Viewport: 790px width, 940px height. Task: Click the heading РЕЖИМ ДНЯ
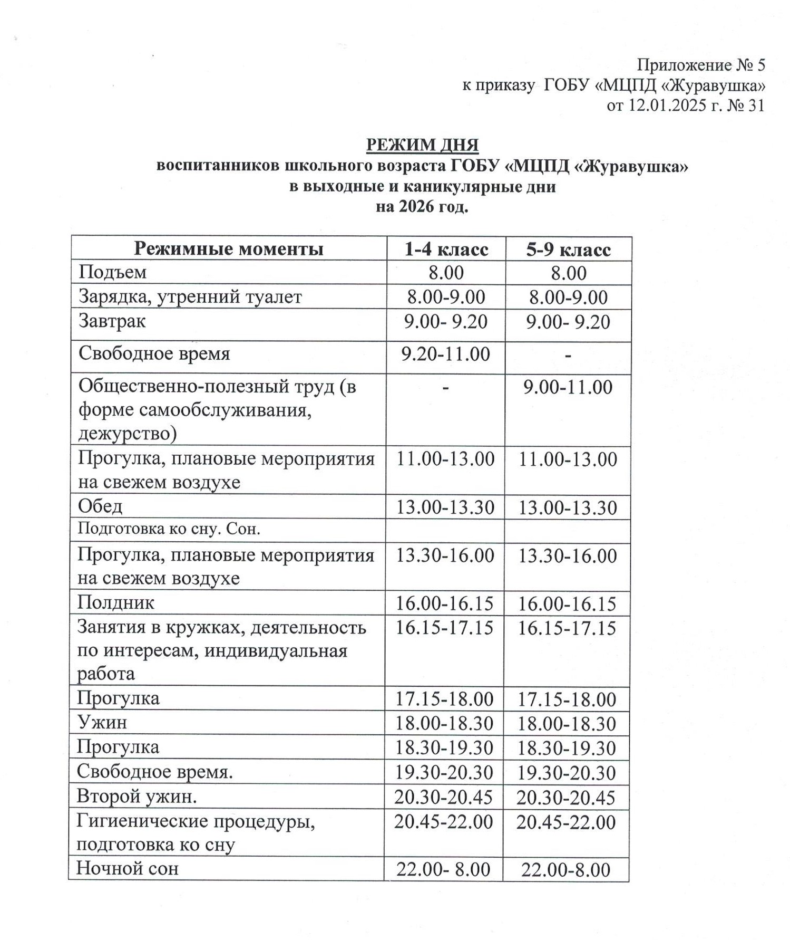pos(422,145)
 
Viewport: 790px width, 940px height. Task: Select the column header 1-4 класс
pos(446,249)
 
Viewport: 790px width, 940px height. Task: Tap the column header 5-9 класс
pos(568,249)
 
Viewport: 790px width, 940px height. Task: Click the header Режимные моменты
pos(228,248)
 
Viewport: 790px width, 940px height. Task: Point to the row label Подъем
pos(112,272)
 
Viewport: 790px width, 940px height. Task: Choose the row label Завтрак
pos(112,321)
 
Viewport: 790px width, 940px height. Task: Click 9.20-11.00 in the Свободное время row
pos(445,353)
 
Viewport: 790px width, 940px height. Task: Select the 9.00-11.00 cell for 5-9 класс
pos(568,387)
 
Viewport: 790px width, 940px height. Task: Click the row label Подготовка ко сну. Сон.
pos(169,529)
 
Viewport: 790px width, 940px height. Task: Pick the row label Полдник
pos(115,602)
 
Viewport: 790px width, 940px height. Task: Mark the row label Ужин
pos(102,722)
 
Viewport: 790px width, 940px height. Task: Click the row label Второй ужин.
pos(136,796)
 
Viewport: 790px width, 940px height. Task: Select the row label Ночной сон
pos(127,868)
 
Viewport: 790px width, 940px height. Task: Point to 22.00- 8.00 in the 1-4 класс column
pos(443,869)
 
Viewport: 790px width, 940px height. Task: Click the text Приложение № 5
pos(700,65)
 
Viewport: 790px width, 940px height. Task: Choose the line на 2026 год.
pos(422,207)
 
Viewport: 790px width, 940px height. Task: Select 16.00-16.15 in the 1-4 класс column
pos(444,603)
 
